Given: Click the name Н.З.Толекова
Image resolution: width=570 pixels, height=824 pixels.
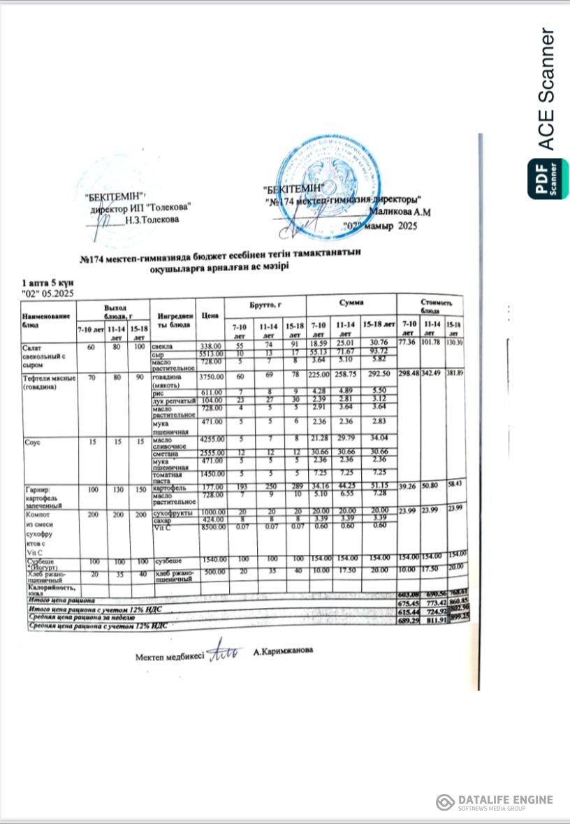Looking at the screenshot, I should tap(152, 219).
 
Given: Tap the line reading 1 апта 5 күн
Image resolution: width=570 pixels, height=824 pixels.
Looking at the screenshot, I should tap(48, 282).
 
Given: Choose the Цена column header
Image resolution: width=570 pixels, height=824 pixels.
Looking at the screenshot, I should tap(210, 316).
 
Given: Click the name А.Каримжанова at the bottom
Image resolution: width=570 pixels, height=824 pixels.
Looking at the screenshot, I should tap(283, 651).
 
